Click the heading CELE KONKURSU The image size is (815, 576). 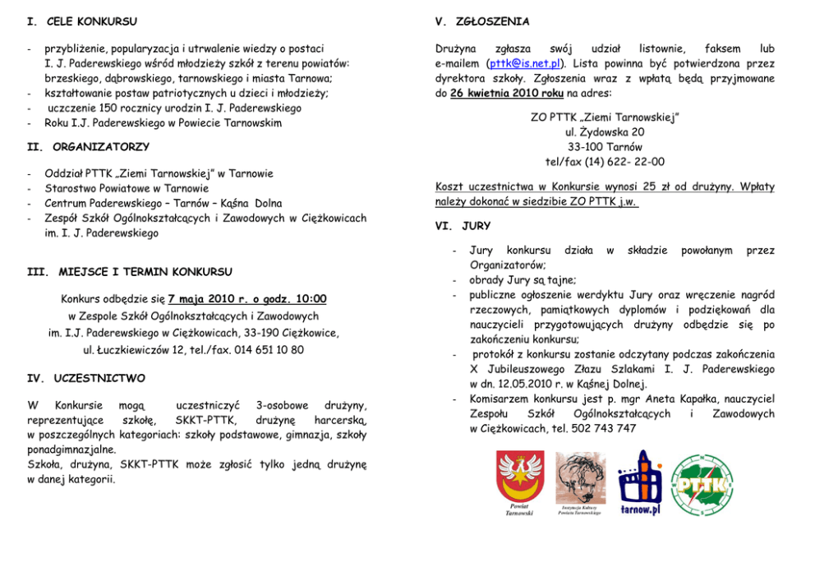coord(91,21)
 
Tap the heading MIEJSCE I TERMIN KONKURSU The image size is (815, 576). coord(145,272)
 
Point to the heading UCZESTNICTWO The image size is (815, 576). coord(99,379)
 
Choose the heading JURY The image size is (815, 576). coord(476,226)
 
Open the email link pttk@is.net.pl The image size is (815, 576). coord(524,63)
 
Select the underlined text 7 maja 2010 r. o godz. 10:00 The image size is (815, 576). coord(247,299)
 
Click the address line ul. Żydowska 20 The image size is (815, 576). coord(605,132)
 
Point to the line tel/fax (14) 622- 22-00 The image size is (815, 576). coord(605,162)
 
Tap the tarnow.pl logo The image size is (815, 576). coord(640,484)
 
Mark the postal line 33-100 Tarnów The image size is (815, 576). coord(605,147)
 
